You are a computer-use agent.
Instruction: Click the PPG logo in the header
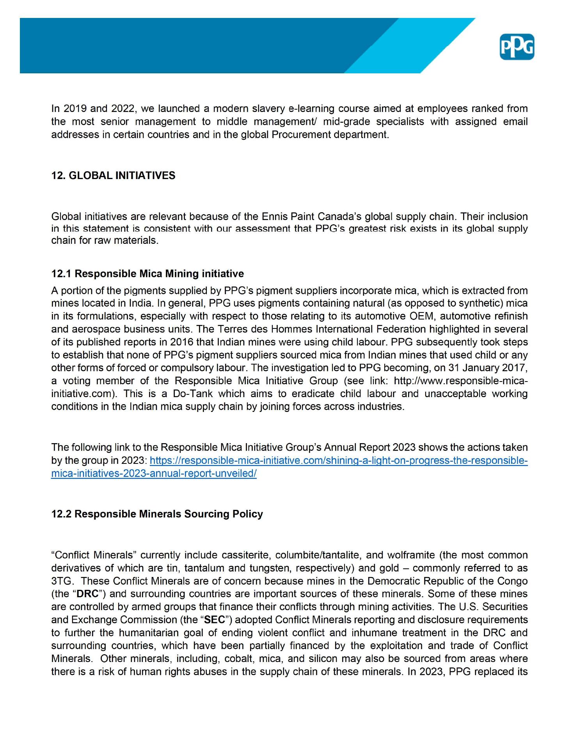click(517, 47)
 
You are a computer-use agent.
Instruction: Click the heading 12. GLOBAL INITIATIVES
click(113, 176)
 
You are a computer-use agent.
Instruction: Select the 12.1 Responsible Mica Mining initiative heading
click(147, 273)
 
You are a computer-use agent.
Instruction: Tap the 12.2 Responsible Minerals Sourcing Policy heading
click(157, 514)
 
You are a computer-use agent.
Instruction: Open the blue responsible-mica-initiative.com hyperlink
click(338, 461)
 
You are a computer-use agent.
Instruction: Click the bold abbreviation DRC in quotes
click(87, 594)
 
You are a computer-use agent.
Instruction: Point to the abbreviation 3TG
click(61, 581)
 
